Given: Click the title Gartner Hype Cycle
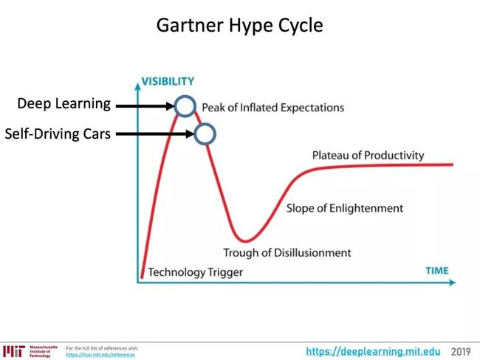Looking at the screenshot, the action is click(240, 26).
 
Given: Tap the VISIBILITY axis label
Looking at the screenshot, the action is click(168, 81).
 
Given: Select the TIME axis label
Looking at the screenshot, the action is click(437, 271).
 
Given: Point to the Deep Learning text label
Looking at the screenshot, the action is click(64, 104).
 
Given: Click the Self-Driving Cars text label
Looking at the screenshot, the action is click(58, 134).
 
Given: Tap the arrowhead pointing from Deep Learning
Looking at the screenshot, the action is click(170, 106).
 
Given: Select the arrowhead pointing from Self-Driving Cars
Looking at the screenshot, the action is click(190, 134).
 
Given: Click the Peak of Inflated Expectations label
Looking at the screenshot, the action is click(273, 108).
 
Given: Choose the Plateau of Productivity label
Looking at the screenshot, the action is click(368, 156).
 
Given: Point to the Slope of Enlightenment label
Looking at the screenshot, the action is click(345, 208).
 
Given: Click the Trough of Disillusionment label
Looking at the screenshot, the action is click(287, 253).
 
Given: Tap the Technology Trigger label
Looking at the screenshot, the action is click(196, 272).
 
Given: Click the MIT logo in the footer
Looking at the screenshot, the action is click(14, 351).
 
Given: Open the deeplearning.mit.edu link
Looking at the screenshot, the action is click(373, 351).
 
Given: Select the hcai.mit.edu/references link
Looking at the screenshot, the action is click(100, 355).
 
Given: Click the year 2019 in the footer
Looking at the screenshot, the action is click(461, 352).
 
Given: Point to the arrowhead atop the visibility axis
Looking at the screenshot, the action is click(138, 87).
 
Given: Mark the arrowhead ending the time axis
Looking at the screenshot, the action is click(452, 283).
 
